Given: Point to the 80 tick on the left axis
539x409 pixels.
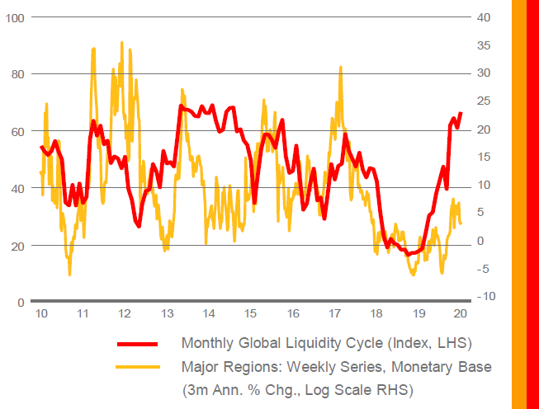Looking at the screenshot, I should (x=15, y=74).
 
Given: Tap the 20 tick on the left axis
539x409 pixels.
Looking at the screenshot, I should (x=15, y=246).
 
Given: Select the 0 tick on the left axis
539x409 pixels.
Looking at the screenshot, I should (x=18, y=303).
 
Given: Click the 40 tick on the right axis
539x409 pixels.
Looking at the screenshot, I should (x=485, y=17).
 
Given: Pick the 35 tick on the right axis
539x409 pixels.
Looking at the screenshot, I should (x=485, y=45).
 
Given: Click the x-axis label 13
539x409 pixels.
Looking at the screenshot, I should (x=167, y=314).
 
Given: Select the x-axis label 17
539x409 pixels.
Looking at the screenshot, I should (x=335, y=314).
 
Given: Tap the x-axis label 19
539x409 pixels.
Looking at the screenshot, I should (x=419, y=314).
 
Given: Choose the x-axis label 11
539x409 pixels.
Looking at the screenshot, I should (x=83, y=314).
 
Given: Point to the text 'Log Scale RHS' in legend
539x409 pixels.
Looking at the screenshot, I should (x=366, y=389).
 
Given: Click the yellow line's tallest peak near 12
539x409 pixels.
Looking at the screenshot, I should (x=122, y=42).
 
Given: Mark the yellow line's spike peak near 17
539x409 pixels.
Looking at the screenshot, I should (x=340, y=68).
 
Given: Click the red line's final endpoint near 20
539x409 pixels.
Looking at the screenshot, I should (x=461, y=112).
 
